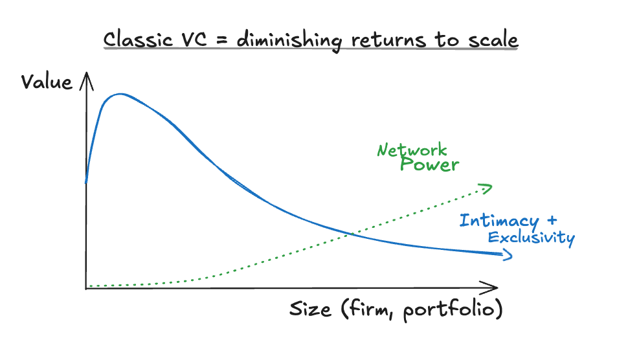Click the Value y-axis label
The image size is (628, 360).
(x=47, y=82)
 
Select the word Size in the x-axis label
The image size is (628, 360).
(x=310, y=309)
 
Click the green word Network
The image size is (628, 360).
(x=412, y=151)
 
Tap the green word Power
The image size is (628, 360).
(x=429, y=164)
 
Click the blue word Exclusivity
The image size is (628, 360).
(x=531, y=238)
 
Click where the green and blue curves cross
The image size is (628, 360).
(x=350, y=233)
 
